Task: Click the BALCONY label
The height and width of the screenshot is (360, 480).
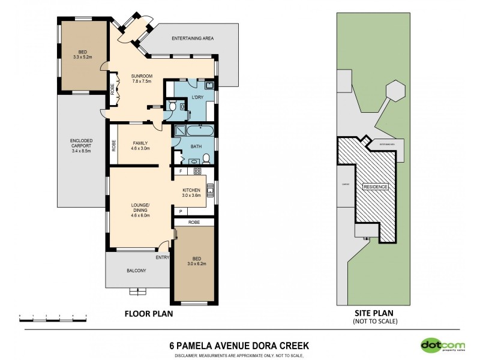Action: coord(136,271)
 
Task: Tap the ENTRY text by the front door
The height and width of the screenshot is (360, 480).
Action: coord(163,258)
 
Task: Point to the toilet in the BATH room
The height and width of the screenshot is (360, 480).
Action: coord(206,159)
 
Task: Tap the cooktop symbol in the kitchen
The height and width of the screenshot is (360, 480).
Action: coord(196,172)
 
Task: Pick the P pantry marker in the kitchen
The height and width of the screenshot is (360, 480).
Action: coord(181,212)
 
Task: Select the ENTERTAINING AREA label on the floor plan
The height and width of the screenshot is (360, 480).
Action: coord(193,38)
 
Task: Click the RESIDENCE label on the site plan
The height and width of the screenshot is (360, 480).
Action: coord(376,187)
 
